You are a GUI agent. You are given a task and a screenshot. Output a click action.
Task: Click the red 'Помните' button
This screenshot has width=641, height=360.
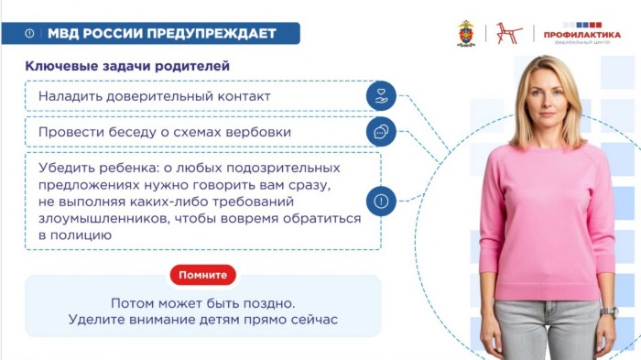click(203, 275)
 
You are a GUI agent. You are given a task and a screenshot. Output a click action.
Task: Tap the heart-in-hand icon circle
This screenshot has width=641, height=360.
click(381, 96)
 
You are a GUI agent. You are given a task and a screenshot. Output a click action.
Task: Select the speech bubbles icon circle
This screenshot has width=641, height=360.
click(381, 132)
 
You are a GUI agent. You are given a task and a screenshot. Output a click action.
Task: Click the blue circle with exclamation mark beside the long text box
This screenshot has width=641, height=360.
click(381, 202)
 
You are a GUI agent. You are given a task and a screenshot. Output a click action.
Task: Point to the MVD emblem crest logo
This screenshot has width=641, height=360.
click(466, 33)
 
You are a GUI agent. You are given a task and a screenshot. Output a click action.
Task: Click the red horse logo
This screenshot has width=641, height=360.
click(508, 33)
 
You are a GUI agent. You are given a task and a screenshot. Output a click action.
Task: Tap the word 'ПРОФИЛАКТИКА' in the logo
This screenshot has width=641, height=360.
click(582, 35)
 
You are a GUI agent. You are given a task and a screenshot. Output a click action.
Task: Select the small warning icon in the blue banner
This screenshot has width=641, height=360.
click(29, 33)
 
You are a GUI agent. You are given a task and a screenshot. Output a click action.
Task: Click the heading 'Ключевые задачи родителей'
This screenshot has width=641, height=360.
click(127, 66)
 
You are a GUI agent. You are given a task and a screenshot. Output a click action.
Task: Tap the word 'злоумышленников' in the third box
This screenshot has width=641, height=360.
click(103, 218)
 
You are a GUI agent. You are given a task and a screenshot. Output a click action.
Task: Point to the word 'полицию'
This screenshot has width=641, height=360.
click(81, 235)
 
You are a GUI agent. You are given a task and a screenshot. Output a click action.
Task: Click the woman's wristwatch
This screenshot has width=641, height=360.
click(610, 312)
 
